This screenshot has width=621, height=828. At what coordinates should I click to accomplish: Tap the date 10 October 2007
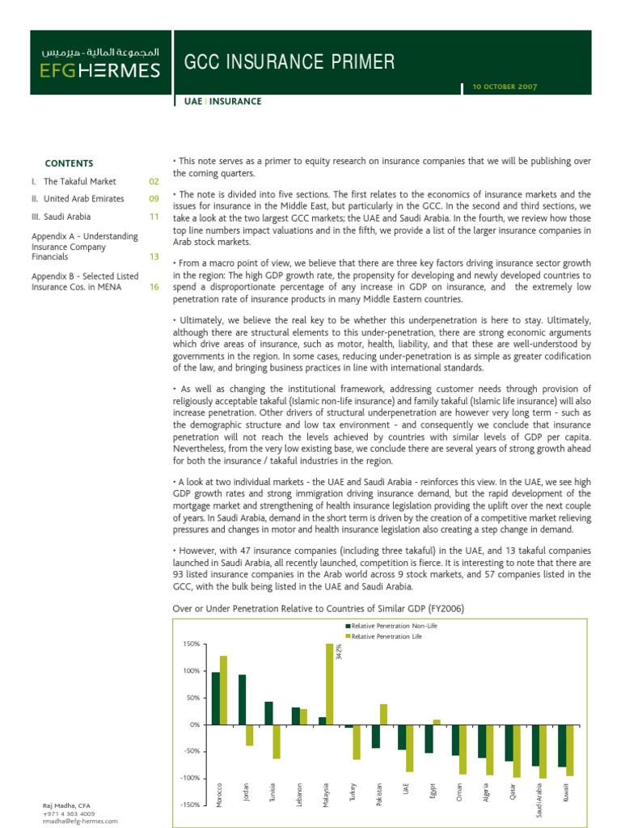click(x=500, y=86)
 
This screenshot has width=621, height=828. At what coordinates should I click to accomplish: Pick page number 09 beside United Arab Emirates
click(x=154, y=199)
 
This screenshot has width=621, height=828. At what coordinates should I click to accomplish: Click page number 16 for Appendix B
click(x=154, y=287)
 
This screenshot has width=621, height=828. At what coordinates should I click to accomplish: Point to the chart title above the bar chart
click(x=319, y=608)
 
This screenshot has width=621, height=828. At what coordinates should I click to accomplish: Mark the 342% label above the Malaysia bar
click(x=338, y=649)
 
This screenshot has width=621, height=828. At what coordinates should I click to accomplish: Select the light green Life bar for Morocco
click(x=223, y=690)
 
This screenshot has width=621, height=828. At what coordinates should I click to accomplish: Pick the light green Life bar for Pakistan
click(x=383, y=714)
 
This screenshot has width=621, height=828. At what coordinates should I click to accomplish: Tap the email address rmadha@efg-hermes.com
click(x=80, y=821)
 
